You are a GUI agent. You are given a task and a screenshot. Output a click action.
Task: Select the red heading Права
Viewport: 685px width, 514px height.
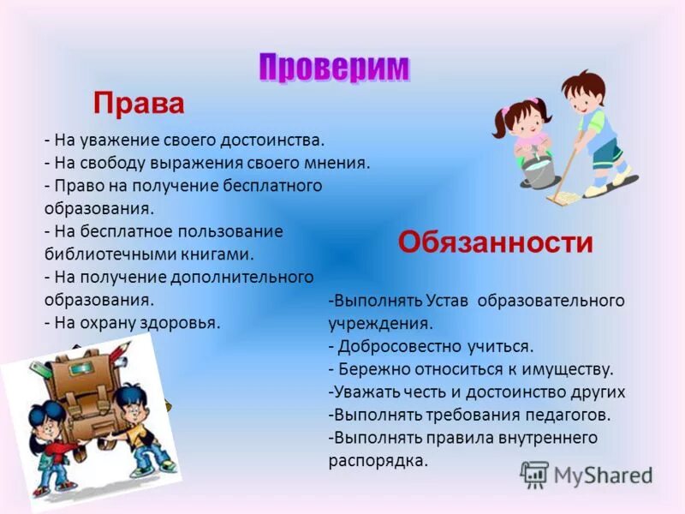[x=139, y=104]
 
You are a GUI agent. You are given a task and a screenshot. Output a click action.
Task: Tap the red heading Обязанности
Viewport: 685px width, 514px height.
[x=495, y=242]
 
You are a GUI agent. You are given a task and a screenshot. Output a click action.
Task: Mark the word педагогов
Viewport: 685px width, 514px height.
[x=567, y=415]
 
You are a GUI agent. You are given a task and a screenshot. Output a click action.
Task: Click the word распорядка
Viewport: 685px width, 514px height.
[x=377, y=461]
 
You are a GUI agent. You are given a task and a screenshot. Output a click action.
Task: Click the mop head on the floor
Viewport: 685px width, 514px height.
[x=563, y=199]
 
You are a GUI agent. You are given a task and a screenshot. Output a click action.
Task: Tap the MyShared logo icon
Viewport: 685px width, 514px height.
[x=534, y=474]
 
